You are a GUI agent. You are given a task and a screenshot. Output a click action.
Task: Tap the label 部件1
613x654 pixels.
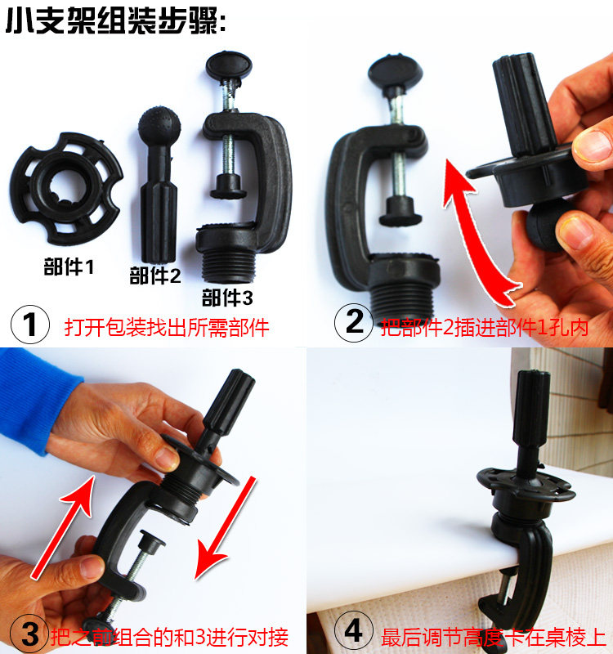click(x=69, y=267)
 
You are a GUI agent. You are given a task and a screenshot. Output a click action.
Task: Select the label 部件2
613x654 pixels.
click(x=155, y=275)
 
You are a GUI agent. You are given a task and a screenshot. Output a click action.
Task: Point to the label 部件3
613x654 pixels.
click(x=227, y=298)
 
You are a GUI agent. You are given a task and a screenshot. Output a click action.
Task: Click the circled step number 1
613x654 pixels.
click(x=30, y=325)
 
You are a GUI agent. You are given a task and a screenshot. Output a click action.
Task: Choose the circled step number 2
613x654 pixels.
click(x=354, y=322)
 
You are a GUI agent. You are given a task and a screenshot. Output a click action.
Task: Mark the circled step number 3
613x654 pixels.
click(x=29, y=633)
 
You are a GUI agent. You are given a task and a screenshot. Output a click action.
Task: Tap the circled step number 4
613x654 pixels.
click(x=354, y=630)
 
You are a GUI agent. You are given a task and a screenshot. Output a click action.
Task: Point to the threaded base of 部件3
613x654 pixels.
click(x=229, y=267)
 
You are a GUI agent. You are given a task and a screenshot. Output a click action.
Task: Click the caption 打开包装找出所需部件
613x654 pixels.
click(x=167, y=328)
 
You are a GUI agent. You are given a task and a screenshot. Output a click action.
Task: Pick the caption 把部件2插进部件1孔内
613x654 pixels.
click(x=485, y=327)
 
